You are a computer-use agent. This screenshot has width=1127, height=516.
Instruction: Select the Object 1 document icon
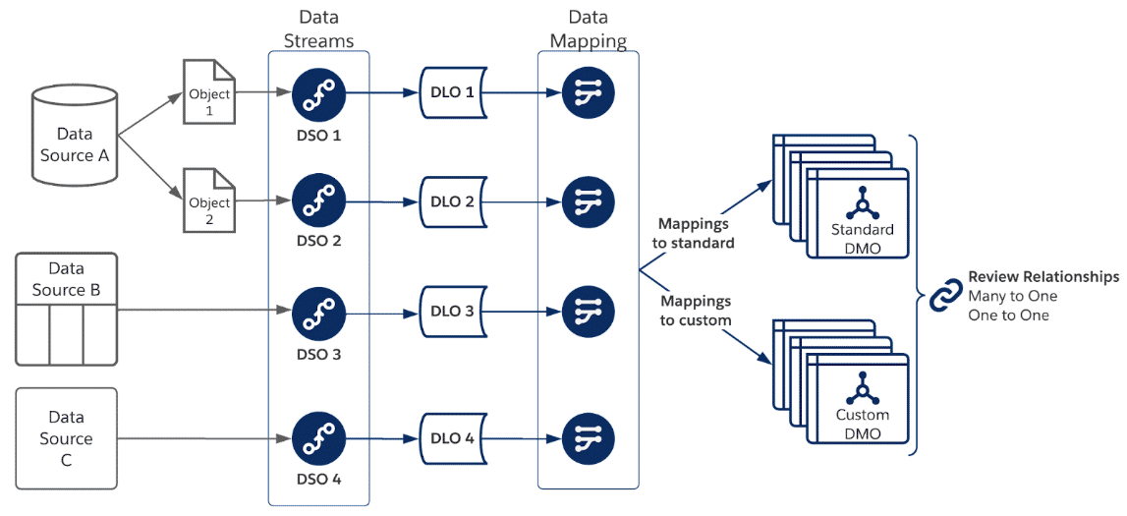pos(209,94)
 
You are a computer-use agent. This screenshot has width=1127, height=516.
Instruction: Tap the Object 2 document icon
pos(209,201)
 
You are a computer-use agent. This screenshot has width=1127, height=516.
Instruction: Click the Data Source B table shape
pos(66,309)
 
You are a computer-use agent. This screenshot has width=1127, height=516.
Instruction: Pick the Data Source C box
pos(66,438)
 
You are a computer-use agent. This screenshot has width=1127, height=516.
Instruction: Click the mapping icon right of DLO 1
pos(588,94)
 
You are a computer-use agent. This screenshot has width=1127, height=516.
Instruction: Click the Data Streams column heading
pos(318,29)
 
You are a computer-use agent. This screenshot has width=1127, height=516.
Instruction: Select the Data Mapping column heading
pos(588,29)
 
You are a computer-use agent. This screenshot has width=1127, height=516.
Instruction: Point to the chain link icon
pos(946,295)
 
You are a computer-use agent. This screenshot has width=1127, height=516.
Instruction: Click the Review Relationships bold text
pos(1042,277)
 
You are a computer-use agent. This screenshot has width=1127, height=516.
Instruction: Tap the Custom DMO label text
pos(862,424)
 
